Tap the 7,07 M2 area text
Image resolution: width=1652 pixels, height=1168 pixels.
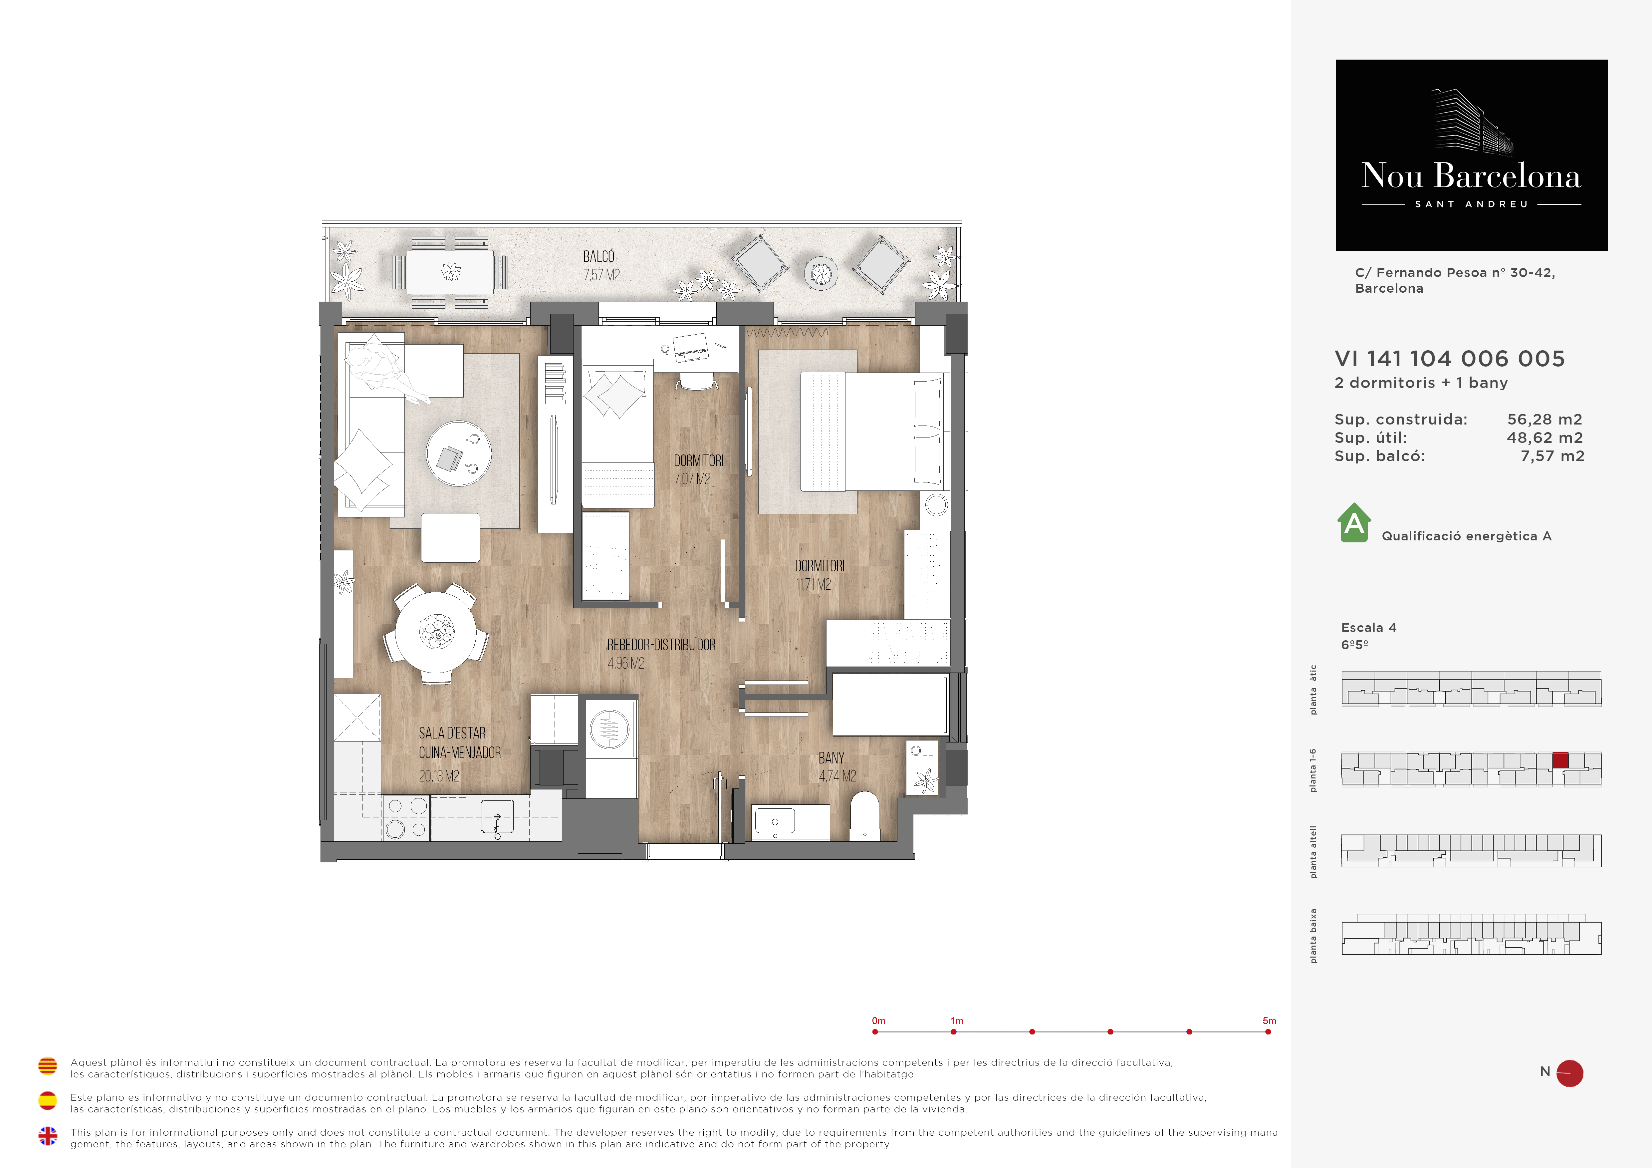(692, 478)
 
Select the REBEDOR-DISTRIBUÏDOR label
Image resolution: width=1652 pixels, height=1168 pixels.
(661, 645)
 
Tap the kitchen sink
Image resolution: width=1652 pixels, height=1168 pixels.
(497, 816)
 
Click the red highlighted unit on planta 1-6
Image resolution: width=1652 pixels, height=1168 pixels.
(1560, 760)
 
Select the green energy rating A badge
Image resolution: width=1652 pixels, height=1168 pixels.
(1354, 522)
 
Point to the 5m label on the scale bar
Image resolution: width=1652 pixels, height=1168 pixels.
(1269, 1021)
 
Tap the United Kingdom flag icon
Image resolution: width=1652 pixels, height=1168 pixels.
(48, 1136)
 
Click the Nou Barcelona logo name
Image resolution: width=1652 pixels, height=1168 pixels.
(1471, 175)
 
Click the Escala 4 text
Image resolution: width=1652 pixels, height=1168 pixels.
(1368, 628)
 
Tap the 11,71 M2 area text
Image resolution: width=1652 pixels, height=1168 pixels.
(813, 584)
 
